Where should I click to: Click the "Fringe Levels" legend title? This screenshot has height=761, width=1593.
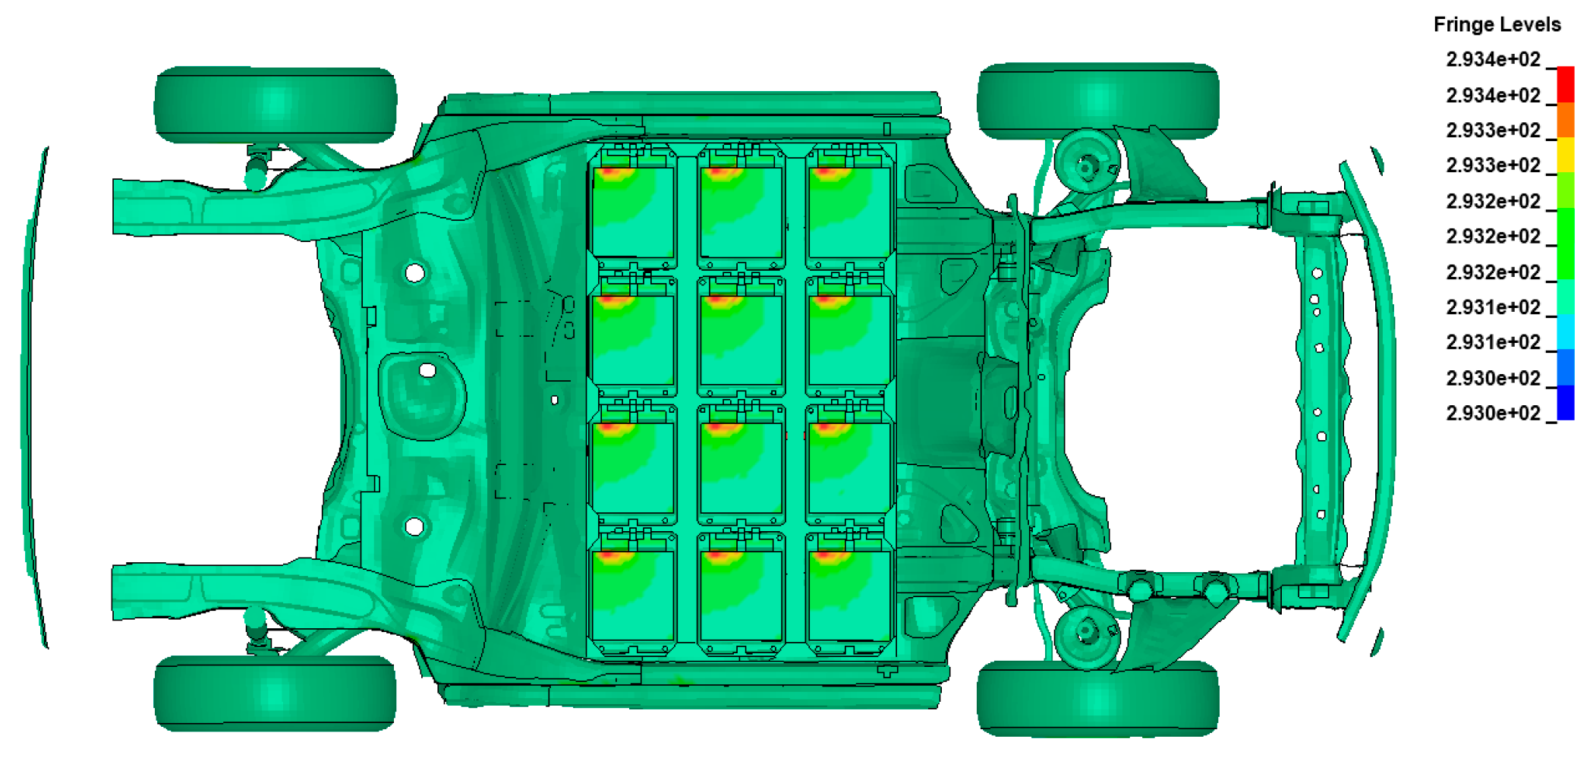pos(1497,24)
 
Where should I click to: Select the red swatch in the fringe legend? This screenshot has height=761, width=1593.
pos(1565,84)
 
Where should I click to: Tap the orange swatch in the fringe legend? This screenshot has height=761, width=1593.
pos(1565,120)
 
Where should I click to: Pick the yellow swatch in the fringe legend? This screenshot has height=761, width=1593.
pos(1565,155)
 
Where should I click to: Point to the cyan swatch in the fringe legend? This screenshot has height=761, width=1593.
pos(1565,332)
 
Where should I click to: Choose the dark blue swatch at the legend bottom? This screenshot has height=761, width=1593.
pos(1565,402)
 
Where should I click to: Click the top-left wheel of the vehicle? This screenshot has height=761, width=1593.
pos(275,104)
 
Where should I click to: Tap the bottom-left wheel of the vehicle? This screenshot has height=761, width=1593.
pos(275,693)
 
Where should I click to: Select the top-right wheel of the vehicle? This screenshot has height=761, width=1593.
pos(1098,101)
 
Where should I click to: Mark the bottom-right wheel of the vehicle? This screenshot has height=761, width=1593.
pos(1098,698)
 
